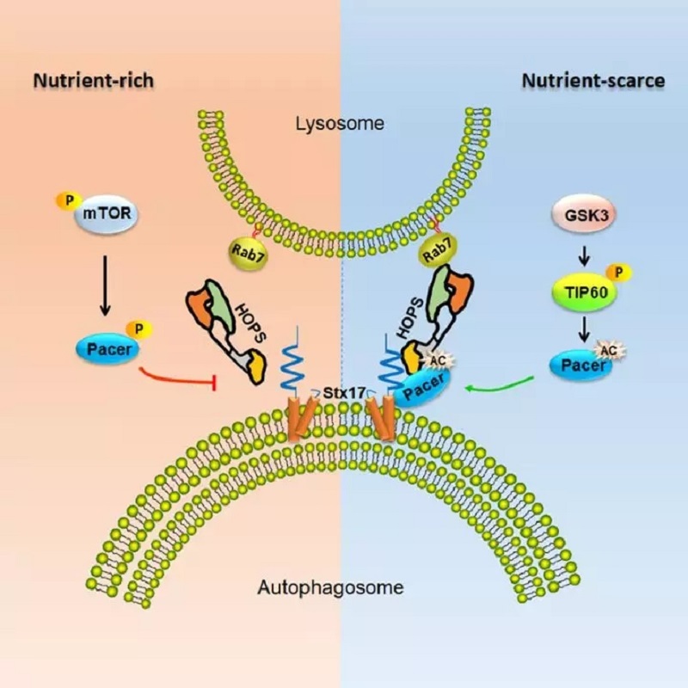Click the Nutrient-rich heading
93,81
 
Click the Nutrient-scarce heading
593,81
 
